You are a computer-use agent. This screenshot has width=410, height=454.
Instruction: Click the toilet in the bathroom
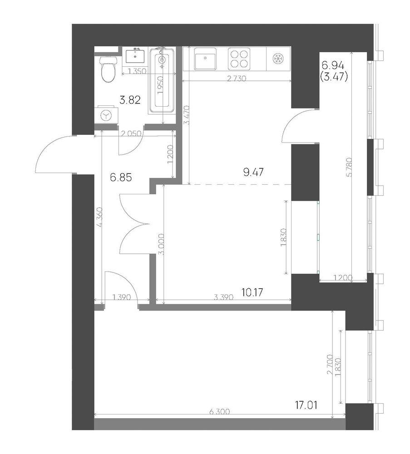coord(108,69)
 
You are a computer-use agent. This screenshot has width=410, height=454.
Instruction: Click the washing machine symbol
coord(106,115)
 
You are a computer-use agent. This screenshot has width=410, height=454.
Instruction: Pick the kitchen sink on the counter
coord(205,59)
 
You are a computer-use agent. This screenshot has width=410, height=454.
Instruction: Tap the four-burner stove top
coord(239,59)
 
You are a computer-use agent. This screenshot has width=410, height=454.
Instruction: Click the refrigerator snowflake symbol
coord(278,59)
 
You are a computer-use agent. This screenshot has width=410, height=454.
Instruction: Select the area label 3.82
coord(130,100)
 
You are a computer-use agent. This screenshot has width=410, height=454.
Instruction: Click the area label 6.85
coord(121,177)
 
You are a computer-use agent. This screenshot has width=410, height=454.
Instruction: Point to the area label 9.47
coord(253,172)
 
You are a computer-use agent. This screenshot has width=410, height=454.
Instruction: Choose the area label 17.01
coord(306,405)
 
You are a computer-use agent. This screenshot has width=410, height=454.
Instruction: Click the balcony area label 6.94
coord(332,66)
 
